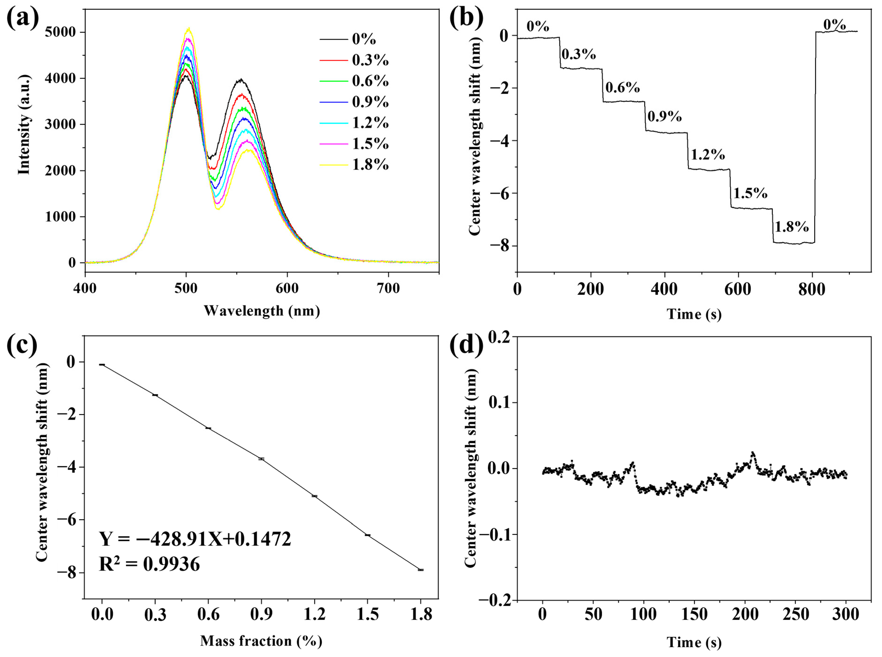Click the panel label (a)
pyautogui.click(x=23, y=18)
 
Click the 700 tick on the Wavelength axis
pyautogui.click(x=388, y=288)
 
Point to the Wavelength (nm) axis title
pyautogui.click(x=262, y=311)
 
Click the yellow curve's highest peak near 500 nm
pyautogui.click(x=189, y=28)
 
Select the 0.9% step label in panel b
pyautogui.click(x=664, y=116)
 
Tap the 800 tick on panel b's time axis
pyautogui.click(x=812, y=289)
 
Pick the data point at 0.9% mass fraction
pyautogui.click(x=261, y=459)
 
